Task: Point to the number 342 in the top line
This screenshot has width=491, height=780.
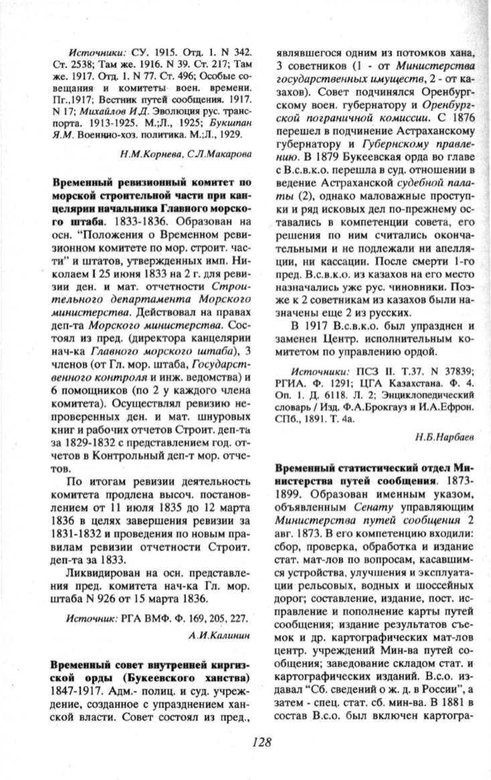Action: (x=239, y=52)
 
